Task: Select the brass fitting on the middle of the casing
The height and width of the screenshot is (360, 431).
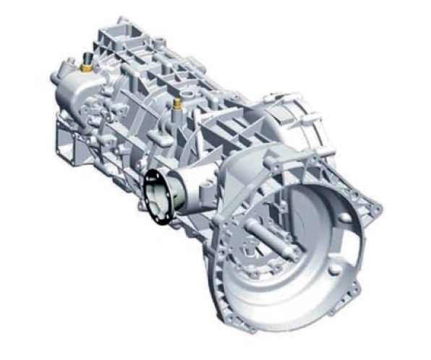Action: (176, 106)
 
